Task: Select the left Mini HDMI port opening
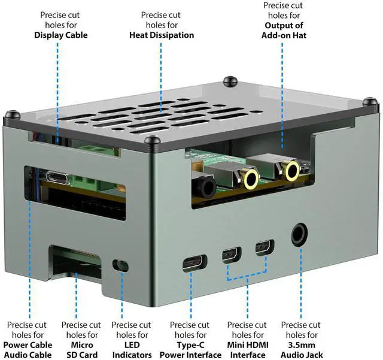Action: click(x=230, y=255)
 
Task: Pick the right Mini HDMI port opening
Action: click(x=263, y=247)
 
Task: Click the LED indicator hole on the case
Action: click(x=121, y=265)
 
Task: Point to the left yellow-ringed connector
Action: click(x=250, y=177)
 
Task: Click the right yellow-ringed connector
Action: click(x=291, y=171)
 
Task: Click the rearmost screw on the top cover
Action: click(x=228, y=80)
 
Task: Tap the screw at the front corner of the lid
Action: click(x=153, y=141)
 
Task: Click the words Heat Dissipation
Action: click(x=162, y=35)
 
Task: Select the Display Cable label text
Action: click(x=61, y=35)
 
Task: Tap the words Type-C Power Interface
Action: click(x=190, y=350)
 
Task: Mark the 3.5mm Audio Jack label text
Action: click(x=302, y=350)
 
